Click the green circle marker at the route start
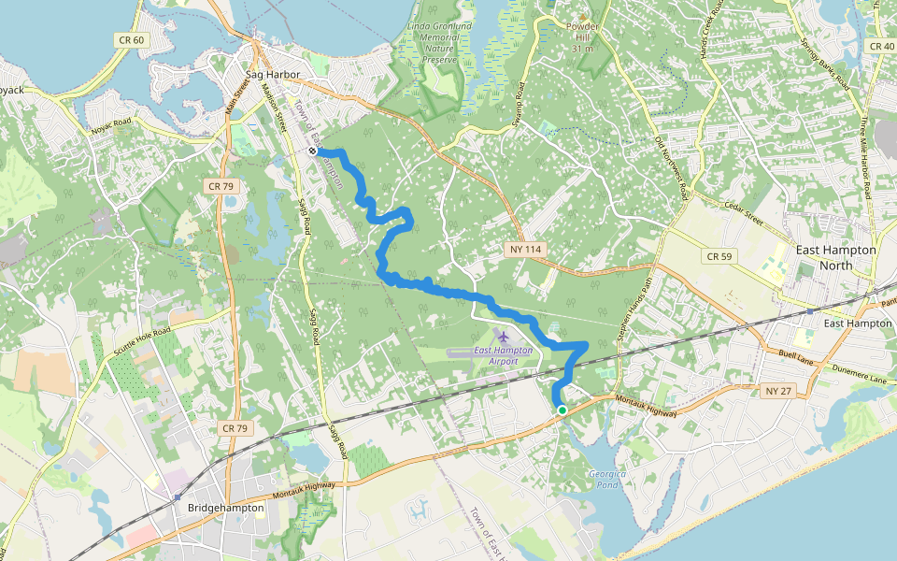tap(562, 410)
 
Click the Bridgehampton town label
tap(225, 508)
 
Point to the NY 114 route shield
tap(526, 250)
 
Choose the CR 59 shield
tap(719, 255)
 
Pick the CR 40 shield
tap(881, 46)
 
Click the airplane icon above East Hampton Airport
tap(504, 335)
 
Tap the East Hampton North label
tap(835, 257)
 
